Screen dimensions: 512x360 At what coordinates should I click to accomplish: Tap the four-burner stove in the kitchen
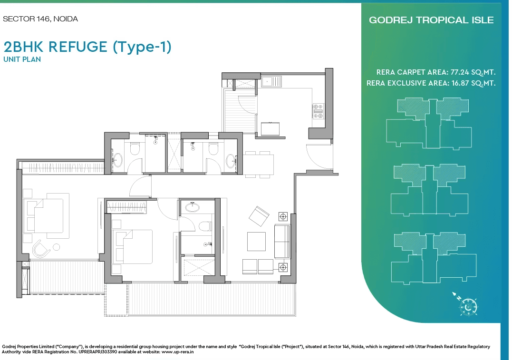pos(318,111)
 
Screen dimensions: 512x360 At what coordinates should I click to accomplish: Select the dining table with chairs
pos(259,165)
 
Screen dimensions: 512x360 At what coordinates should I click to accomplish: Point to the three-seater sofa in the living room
pos(282,242)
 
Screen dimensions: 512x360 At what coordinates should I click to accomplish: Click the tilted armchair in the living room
pos(259,216)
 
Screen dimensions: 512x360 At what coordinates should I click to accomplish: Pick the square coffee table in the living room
pos(256,242)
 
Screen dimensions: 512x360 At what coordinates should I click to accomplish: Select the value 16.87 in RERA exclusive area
pos(460,83)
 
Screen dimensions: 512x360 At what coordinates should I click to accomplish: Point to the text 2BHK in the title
pos(23,47)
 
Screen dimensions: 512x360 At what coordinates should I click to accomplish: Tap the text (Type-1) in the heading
pos(142,47)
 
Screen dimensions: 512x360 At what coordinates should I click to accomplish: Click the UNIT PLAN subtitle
pos(22,59)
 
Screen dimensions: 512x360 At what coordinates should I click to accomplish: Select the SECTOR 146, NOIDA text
pos(40,19)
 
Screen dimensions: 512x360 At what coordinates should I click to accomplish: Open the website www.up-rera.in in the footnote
pos(178,352)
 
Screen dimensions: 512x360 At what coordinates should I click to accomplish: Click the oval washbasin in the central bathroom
pos(193,207)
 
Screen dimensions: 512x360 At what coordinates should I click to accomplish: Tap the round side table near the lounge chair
pos(57,247)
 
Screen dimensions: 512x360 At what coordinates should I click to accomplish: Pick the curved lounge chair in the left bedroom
pos(41,249)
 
